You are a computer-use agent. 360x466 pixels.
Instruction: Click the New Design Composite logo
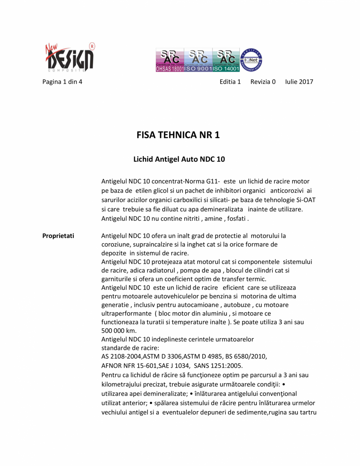(69, 57)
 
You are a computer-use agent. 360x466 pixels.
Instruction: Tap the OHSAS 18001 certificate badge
(170, 60)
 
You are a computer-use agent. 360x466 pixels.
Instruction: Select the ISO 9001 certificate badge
(198, 60)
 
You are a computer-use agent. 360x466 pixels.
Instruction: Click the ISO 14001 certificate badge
(226, 60)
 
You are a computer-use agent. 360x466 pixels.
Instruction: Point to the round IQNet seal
(251, 60)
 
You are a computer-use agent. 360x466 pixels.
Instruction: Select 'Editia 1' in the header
(230, 82)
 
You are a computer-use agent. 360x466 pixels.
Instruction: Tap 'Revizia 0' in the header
(263, 82)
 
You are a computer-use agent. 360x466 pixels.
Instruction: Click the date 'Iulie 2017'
(299, 82)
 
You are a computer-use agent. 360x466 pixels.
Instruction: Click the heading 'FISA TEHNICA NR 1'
(178, 135)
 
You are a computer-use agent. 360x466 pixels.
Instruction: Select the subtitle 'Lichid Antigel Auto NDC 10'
(179, 159)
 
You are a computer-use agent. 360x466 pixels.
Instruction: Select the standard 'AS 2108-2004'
(121, 356)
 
